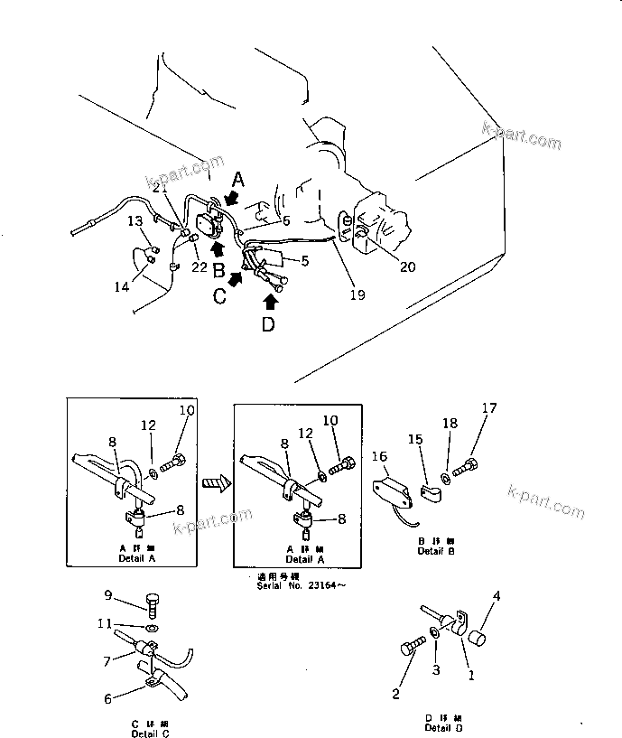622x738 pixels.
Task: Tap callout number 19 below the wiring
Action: (x=357, y=294)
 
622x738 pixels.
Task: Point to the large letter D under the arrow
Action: (x=268, y=324)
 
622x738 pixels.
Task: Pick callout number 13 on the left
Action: (x=134, y=220)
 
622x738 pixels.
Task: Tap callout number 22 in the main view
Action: (x=199, y=267)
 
